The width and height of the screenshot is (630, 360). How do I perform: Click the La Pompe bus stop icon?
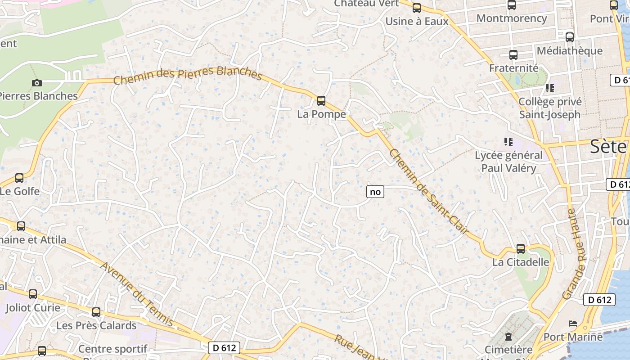pos(321,100)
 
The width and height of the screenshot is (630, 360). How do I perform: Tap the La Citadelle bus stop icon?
pos(521,248)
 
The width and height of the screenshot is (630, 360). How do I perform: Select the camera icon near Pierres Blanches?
pos(37,83)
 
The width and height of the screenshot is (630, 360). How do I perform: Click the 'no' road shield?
pos(375,192)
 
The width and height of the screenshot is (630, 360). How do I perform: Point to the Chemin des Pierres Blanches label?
pos(187,74)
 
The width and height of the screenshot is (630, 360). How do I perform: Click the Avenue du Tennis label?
pos(136,294)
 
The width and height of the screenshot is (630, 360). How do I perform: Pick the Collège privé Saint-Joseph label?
pos(550,108)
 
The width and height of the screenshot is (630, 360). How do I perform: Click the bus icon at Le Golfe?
pos(19,178)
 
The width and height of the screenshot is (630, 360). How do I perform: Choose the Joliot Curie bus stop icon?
pos(33,294)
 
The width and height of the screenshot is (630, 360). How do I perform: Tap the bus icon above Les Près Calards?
pos(96,312)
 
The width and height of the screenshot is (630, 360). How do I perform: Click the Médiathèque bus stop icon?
pos(570,37)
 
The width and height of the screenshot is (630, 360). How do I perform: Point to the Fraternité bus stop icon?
pos(513,55)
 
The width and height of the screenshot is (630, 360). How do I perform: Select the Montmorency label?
pos(512,18)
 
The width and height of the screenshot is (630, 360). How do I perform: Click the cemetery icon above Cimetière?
pos(508,336)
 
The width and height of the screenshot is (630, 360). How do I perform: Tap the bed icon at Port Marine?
pos(573,324)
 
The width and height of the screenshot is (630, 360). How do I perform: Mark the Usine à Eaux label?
pos(417,21)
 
